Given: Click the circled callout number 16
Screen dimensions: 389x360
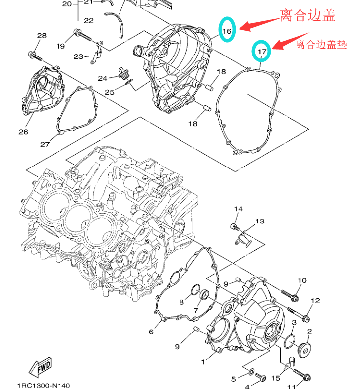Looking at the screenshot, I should coord(227,31).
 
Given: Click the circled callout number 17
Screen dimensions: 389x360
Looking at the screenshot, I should coord(262,50).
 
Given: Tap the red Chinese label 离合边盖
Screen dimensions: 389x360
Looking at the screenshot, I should coord(307,16).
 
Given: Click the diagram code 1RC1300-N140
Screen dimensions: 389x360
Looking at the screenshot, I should coord(44,385).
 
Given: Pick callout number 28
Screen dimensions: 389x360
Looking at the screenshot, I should coord(42,36).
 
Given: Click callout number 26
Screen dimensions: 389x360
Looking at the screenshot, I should coord(23,132).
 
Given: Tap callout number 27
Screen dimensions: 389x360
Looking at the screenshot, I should coord(45,144).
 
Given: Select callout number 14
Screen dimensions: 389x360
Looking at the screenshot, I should coord(239,209).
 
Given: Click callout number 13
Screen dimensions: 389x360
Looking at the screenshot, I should coord(260,222).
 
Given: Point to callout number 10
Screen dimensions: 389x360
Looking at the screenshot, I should coord(302,281).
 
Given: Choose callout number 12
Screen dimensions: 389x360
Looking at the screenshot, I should coord(315,301).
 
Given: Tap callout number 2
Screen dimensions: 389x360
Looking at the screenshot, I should coord(309,331).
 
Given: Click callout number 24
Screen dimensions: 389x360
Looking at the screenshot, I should coord(102,78).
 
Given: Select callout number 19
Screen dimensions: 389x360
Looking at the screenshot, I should coord(60,46).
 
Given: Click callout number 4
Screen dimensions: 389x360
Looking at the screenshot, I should coord(247,386).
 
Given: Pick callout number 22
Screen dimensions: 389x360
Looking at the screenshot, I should coord(88,21).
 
